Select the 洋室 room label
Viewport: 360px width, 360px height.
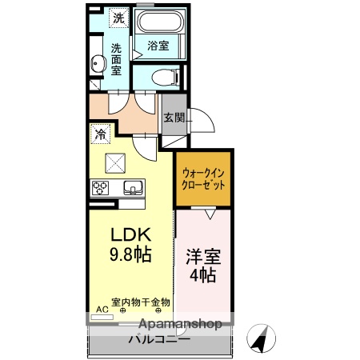[203, 258]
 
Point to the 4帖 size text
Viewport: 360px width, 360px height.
[203, 276]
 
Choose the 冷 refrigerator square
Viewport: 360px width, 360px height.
[100, 134]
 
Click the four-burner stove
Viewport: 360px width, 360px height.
[102, 189]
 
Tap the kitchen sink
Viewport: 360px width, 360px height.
[132, 188]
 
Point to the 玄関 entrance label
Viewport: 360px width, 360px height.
[174, 117]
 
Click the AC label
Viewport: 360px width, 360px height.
[102, 308]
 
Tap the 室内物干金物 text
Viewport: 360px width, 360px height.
[141, 302]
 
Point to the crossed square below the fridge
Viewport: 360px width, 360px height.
[117, 163]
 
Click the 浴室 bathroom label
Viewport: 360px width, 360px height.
[158, 46]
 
